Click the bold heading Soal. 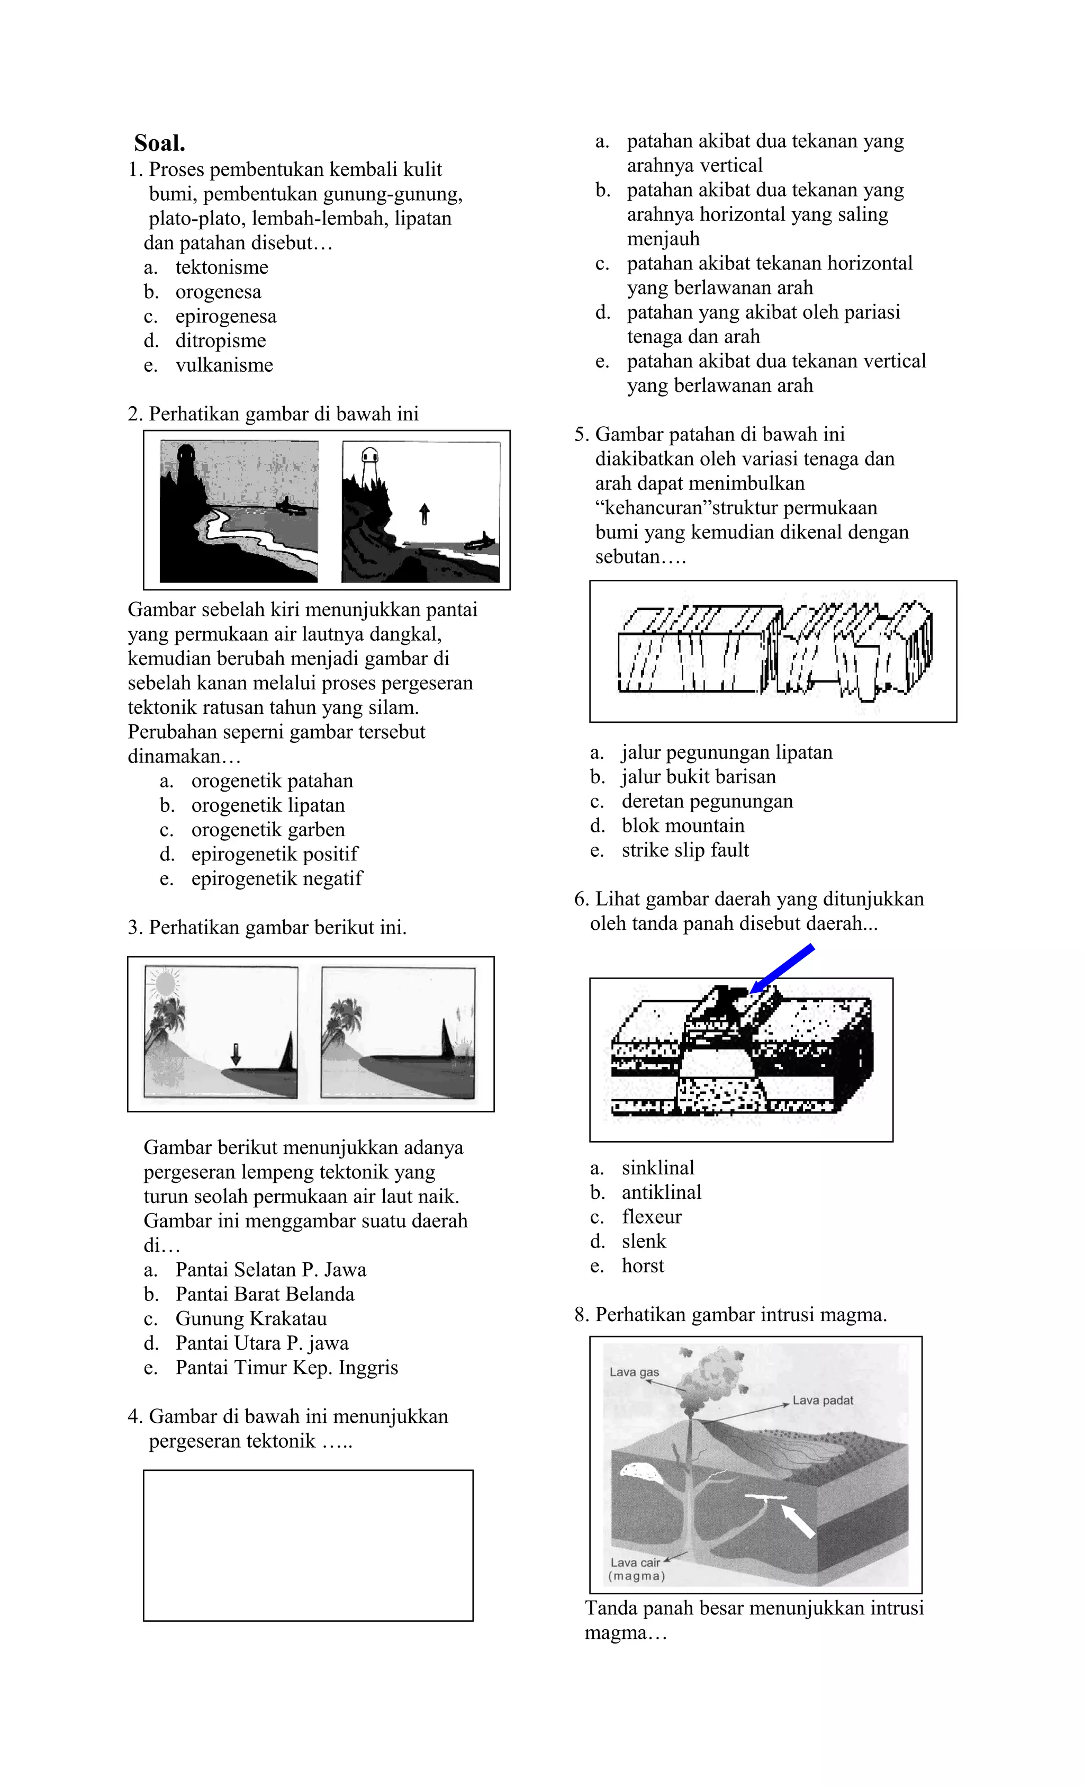159,143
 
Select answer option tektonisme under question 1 221,267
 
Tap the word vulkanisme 224,365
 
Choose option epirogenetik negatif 276,878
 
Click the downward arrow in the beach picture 236,1054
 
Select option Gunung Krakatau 251,1318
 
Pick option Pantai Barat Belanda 265,1294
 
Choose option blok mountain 683,825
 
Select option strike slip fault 685,850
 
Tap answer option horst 643,1266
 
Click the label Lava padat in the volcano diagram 823,1401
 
